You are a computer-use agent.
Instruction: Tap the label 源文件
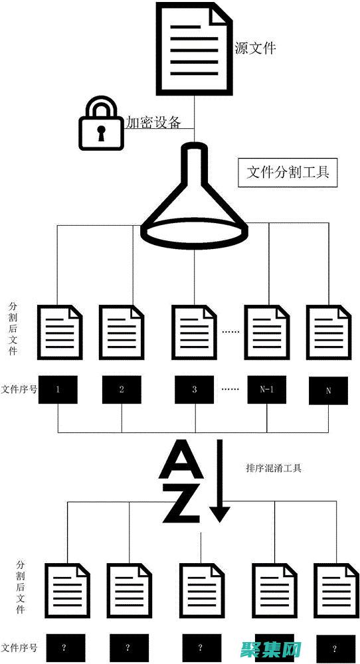pyautogui.click(x=255, y=48)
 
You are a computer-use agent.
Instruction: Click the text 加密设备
pyautogui.click(x=153, y=122)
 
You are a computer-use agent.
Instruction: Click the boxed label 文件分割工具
pyautogui.click(x=288, y=173)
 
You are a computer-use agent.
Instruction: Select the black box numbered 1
pyautogui.click(x=58, y=390)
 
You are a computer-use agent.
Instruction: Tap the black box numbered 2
pyautogui.click(x=122, y=390)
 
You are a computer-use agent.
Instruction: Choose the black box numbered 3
pyautogui.click(x=195, y=390)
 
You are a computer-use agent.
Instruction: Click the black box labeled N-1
pyautogui.click(x=266, y=390)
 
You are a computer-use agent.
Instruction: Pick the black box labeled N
pyautogui.click(x=328, y=390)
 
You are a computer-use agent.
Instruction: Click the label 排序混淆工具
pyautogui.click(x=274, y=468)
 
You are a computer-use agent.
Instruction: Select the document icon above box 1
pyautogui.click(x=60, y=331)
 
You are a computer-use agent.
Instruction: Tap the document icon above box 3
pyautogui.click(x=195, y=331)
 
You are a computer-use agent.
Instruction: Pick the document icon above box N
pyautogui.click(x=328, y=331)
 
